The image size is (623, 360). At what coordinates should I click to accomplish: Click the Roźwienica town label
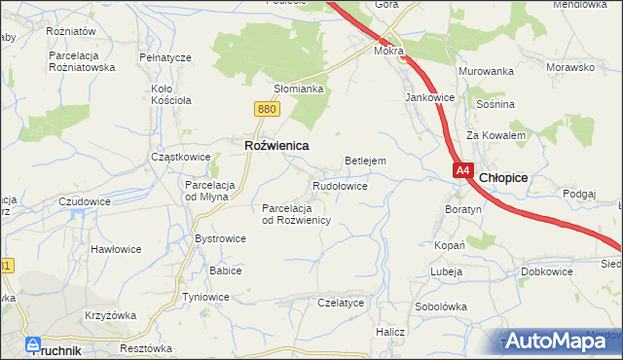pos(275,145)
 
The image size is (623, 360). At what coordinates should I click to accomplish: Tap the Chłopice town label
pos(504,177)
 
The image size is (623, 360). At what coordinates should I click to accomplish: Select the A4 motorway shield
pos(463,171)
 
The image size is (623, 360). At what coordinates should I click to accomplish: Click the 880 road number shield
pos(269,110)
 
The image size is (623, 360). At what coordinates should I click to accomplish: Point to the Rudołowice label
pos(340,185)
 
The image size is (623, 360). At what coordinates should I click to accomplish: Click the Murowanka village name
pos(486,72)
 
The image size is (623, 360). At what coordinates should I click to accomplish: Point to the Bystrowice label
pos(220,237)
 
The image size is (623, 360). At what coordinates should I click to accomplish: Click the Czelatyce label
pos(341,303)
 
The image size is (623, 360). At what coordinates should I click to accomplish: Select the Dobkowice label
pos(546,271)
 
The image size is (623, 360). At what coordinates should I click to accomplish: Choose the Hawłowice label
pos(116,249)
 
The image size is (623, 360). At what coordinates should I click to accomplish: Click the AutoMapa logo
pos(561,341)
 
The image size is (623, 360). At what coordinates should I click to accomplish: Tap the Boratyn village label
pos(463,209)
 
